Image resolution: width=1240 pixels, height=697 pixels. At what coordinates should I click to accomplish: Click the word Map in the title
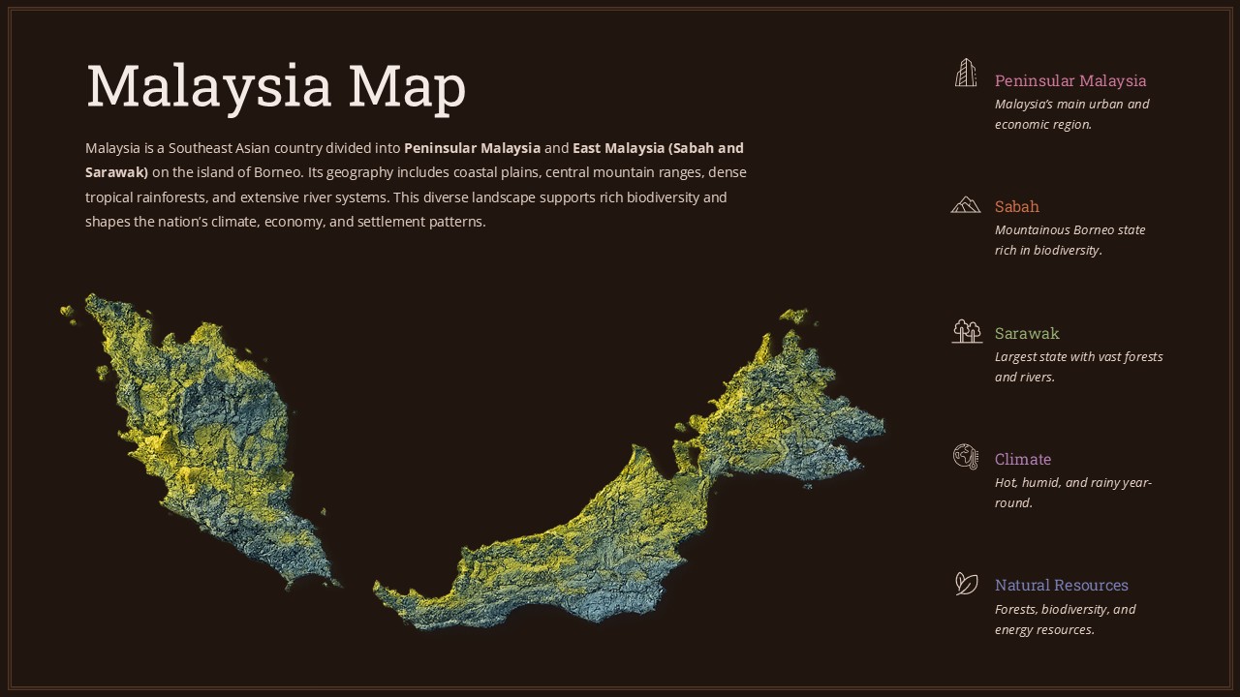point(407,86)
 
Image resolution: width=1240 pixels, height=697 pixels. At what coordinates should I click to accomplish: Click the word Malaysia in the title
point(209,86)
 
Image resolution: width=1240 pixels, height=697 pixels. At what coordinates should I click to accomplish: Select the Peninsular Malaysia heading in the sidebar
point(1069,80)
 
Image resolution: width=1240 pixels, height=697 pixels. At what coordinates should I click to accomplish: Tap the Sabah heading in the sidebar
point(1016,206)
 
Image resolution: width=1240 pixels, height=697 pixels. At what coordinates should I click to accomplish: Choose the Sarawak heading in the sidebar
point(1026,333)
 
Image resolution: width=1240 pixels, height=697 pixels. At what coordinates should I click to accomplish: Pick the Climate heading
point(1022,459)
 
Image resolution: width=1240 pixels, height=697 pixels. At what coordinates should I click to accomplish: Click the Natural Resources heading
point(1061,585)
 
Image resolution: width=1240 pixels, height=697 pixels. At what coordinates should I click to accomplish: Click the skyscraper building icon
point(966,74)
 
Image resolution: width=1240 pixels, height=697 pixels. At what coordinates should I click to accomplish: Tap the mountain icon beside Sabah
point(966,204)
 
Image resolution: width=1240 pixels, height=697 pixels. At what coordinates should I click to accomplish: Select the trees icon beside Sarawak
point(966,331)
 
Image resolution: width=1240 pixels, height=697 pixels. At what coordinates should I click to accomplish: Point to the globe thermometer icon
point(966,457)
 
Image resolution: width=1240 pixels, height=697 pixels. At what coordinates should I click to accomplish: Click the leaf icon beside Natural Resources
point(966,583)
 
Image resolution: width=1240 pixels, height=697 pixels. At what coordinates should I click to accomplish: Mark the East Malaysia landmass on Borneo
point(659,503)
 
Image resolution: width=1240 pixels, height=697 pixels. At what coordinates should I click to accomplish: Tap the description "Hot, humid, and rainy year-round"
point(1072,492)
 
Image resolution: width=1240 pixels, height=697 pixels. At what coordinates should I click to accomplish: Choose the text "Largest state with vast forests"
point(1078,356)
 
